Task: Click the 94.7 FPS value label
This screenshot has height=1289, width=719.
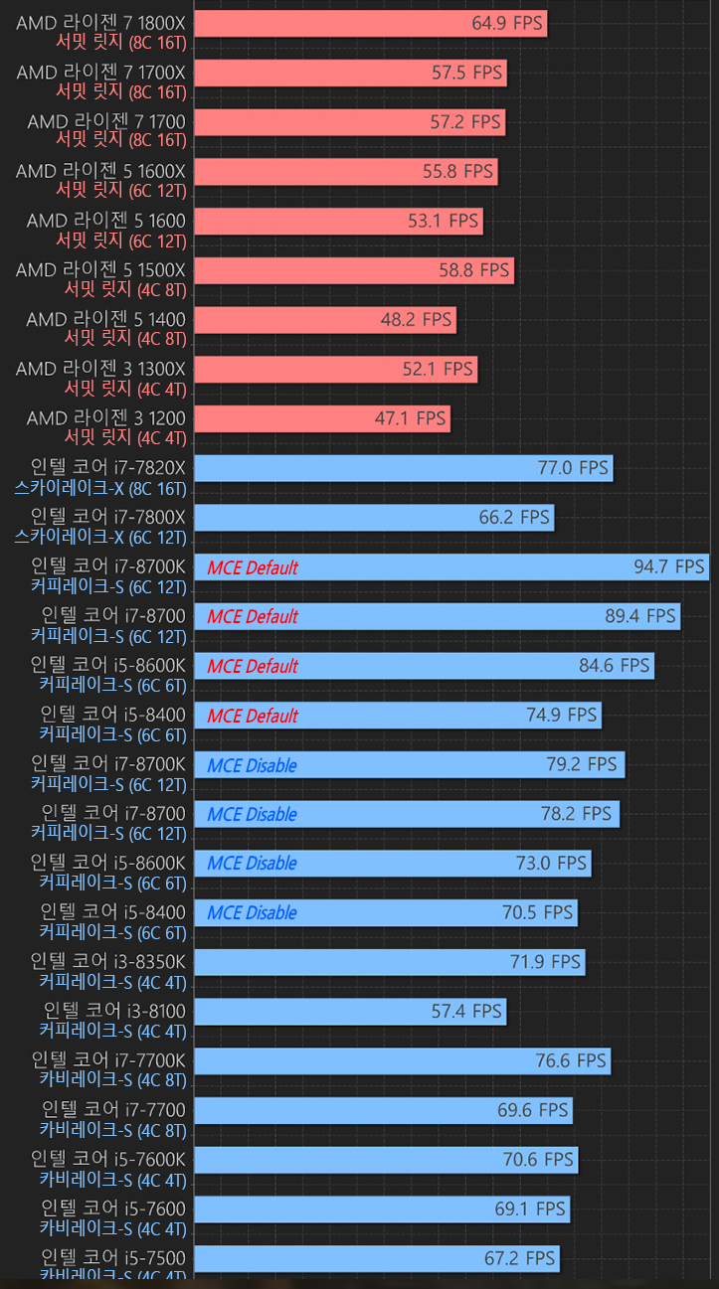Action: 668,567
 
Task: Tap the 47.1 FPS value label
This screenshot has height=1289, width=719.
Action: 410,418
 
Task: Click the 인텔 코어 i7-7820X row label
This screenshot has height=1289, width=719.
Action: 107,467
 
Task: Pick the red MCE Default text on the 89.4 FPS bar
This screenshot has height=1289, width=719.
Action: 253,617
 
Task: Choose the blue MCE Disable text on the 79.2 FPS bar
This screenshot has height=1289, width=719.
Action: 252,765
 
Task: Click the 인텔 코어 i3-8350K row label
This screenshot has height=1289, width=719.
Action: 107,961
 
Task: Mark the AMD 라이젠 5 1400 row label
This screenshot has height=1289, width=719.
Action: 105,319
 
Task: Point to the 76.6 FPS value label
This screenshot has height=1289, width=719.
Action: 570,1060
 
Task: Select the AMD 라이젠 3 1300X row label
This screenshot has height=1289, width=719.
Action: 100,369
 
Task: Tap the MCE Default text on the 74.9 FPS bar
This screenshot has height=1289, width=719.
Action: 253,716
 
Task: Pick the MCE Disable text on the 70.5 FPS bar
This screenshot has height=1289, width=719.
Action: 252,913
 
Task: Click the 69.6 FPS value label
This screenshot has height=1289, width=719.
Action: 532,1110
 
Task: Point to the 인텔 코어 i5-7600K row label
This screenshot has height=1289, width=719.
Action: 107,1159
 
